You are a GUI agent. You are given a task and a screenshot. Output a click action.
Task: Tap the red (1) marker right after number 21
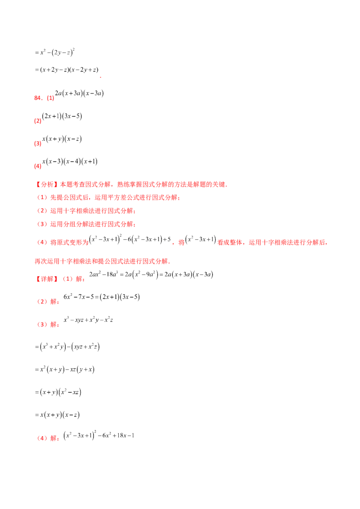(50, 97)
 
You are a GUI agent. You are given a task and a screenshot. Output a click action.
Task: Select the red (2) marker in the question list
(38, 121)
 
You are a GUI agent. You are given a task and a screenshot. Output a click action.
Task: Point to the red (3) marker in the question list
(38, 143)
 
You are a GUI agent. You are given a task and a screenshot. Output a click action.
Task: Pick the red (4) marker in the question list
(38, 166)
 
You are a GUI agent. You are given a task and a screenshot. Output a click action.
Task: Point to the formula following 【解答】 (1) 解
(153, 274)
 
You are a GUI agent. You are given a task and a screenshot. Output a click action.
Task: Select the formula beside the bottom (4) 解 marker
(99, 435)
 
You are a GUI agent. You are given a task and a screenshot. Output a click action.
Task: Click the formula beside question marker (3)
(63, 139)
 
